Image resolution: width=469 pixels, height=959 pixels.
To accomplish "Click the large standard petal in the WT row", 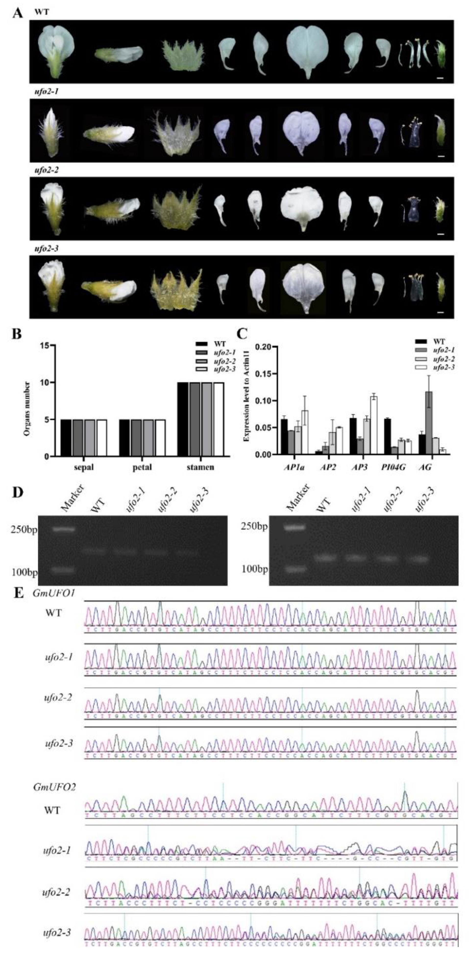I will coord(308,51).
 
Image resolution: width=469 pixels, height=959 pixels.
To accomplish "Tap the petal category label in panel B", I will coord(142,467).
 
